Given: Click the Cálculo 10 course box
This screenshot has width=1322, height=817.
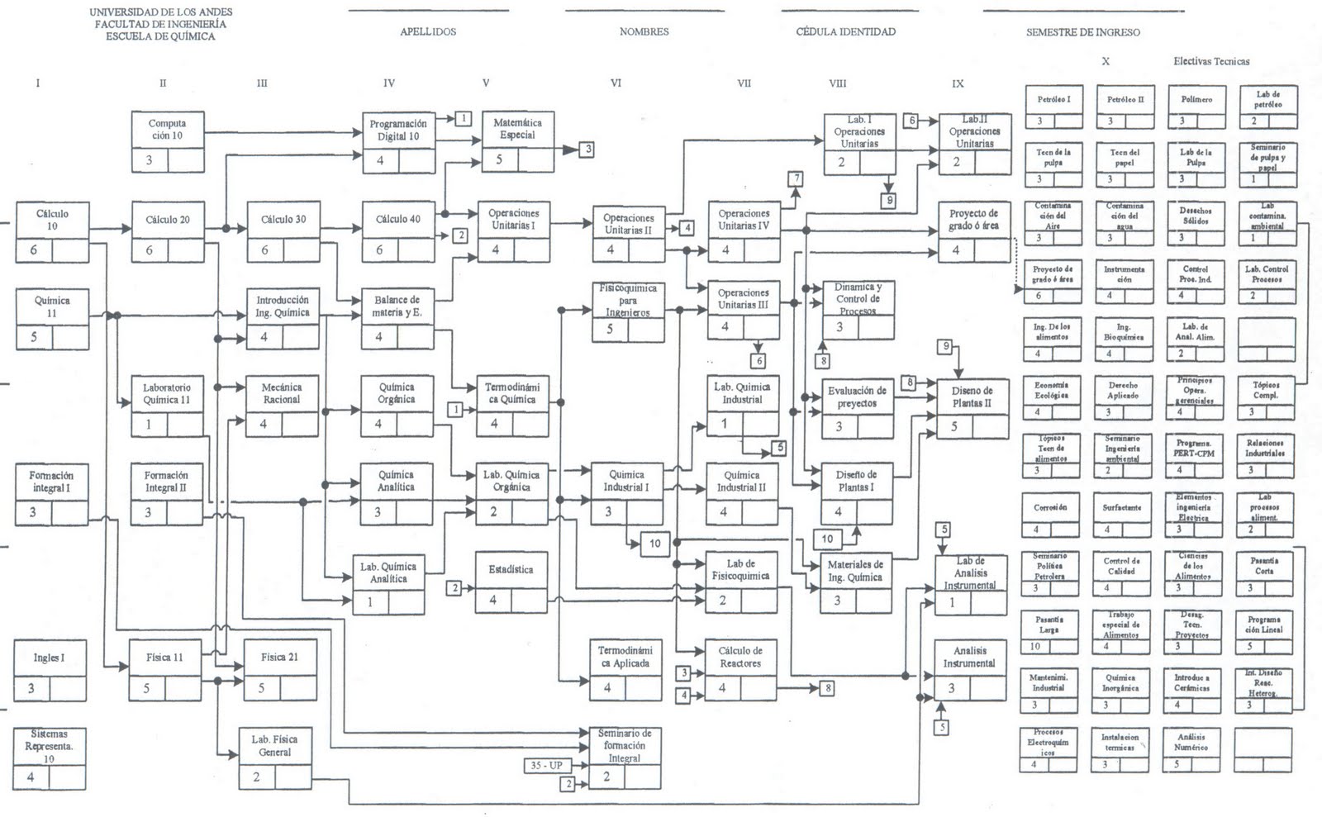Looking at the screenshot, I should click(51, 231).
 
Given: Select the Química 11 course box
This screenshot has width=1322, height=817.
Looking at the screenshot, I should click(51, 319).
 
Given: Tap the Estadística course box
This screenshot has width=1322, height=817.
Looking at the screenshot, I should click(511, 582).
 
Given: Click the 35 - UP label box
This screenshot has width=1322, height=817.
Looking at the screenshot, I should click(546, 766).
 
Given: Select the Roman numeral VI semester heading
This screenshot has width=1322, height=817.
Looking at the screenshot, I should click(616, 83).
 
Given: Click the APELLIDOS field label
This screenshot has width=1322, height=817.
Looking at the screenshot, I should click(428, 31).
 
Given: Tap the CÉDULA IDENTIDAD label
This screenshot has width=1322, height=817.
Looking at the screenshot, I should click(845, 31).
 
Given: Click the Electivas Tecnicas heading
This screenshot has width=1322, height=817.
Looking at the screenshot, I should click(1211, 61).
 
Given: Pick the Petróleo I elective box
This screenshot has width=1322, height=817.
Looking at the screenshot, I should click(1053, 107).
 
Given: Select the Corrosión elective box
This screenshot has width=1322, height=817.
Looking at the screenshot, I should click(1050, 515).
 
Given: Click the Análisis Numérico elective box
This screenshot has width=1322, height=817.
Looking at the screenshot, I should click(1191, 749).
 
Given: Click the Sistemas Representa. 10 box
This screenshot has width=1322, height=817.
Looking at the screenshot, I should click(50, 758).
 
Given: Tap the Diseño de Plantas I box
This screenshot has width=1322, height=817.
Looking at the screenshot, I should click(856, 493).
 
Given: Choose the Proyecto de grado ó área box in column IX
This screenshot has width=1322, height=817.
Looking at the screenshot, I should click(974, 231).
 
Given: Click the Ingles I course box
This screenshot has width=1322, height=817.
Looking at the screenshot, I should click(50, 670).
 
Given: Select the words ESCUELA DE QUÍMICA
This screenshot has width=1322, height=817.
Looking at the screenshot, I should click(160, 36).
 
